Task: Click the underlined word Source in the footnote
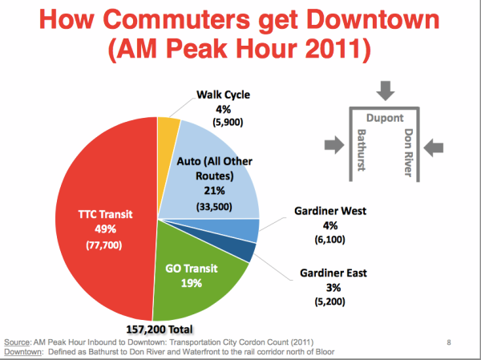tap(22, 341)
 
